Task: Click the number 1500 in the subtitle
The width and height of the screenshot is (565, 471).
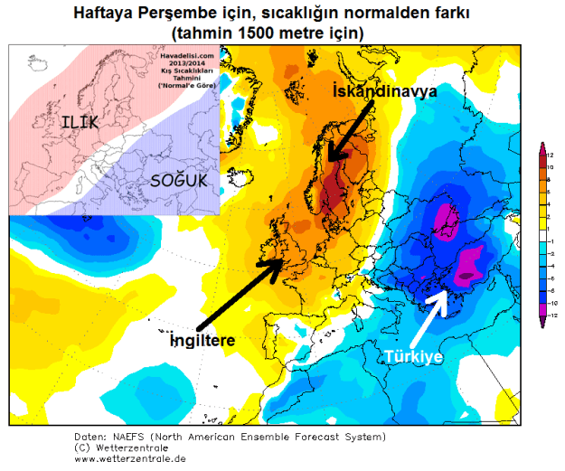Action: coord(244,33)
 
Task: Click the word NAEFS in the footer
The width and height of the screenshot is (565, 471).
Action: coord(135,436)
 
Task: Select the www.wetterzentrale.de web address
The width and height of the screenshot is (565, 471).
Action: coord(131,457)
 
